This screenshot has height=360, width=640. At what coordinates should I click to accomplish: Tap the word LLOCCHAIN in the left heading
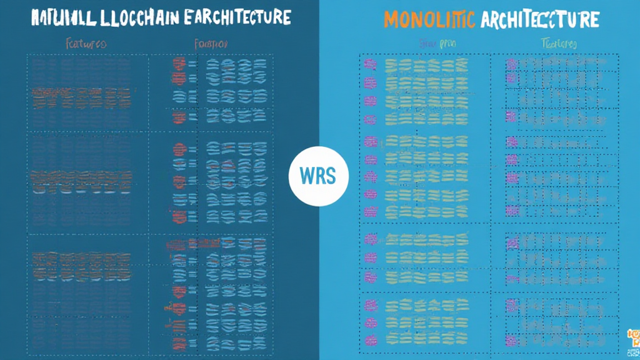click(x=132, y=17)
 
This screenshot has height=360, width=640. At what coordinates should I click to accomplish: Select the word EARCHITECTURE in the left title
click(x=234, y=17)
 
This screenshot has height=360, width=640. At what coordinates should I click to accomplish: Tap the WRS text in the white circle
click(x=318, y=176)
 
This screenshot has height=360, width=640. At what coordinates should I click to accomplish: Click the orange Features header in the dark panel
click(x=86, y=44)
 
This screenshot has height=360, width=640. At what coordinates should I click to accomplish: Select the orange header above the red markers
click(x=211, y=44)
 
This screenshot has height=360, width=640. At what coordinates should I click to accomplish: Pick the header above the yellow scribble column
click(x=430, y=44)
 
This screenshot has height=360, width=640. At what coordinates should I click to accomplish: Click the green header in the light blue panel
click(x=558, y=44)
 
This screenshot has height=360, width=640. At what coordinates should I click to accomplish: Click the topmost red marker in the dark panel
click(x=179, y=62)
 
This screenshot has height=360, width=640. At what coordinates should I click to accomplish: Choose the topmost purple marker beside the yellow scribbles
click(x=369, y=64)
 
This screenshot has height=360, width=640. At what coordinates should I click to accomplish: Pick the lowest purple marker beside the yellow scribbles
click(x=370, y=341)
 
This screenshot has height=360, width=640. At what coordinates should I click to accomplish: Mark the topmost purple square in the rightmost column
click(x=511, y=64)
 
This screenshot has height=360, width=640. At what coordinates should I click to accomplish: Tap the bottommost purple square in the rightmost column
click(x=511, y=341)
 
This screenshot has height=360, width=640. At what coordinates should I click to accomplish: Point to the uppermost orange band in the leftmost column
click(x=81, y=92)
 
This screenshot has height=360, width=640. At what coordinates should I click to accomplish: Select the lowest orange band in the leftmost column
click(x=81, y=256)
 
